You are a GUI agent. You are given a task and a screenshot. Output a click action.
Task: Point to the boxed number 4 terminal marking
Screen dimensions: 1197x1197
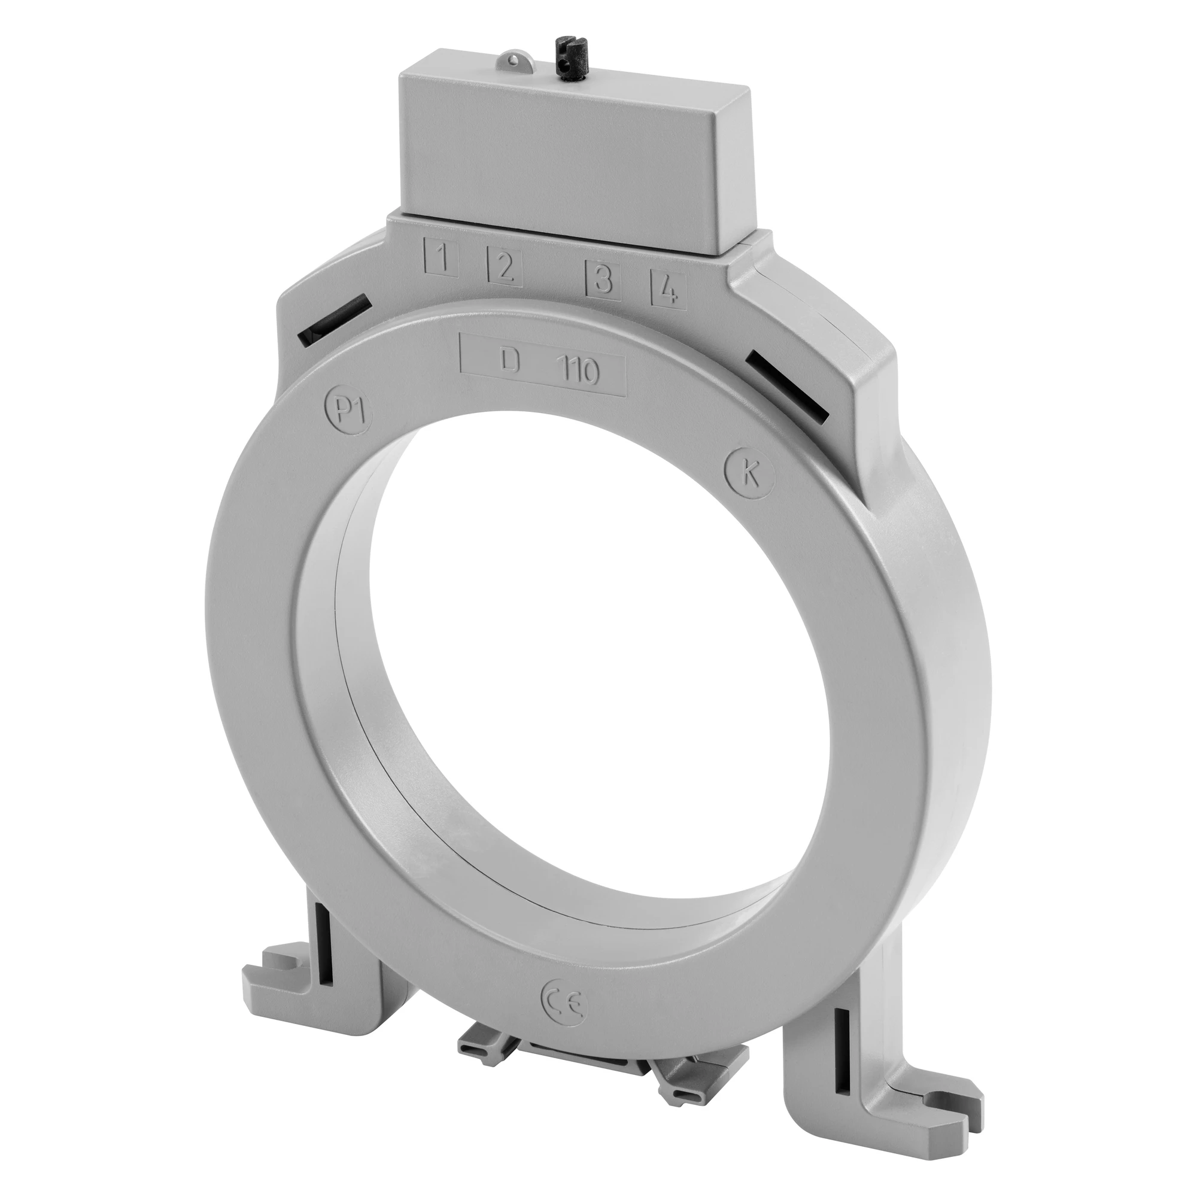[669, 289]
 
